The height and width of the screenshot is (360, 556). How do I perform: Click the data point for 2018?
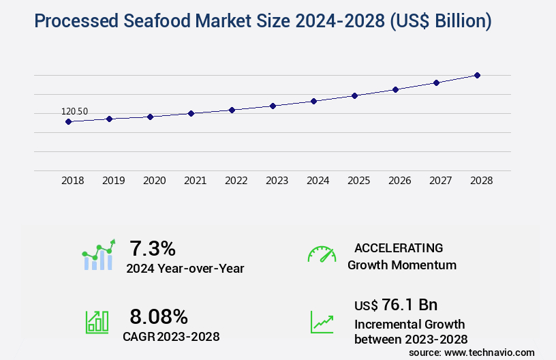click(68, 121)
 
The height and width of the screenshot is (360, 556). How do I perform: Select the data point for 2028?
click(477, 75)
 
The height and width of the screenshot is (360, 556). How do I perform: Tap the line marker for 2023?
click(273, 106)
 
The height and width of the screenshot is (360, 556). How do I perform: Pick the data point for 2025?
click(354, 95)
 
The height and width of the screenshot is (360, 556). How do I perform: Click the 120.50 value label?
click(74, 112)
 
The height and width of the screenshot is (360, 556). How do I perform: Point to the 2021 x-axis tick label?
click(195, 181)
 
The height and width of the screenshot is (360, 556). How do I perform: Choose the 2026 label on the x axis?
click(399, 181)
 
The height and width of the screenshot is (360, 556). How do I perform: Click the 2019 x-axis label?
click(113, 181)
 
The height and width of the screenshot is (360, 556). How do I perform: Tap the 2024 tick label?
click(318, 181)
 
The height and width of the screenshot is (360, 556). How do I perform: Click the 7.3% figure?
click(153, 248)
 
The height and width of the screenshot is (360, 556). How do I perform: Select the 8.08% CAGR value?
click(159, 316)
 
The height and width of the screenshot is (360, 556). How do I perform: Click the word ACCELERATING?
click(399, 248)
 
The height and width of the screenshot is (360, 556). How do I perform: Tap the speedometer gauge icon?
click(322, 254)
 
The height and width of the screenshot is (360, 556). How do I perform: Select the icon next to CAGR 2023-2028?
click(97, 322)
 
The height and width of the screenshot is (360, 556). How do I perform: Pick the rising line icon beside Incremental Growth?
click(322, 322)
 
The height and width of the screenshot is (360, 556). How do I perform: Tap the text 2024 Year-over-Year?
click(185, 269)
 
